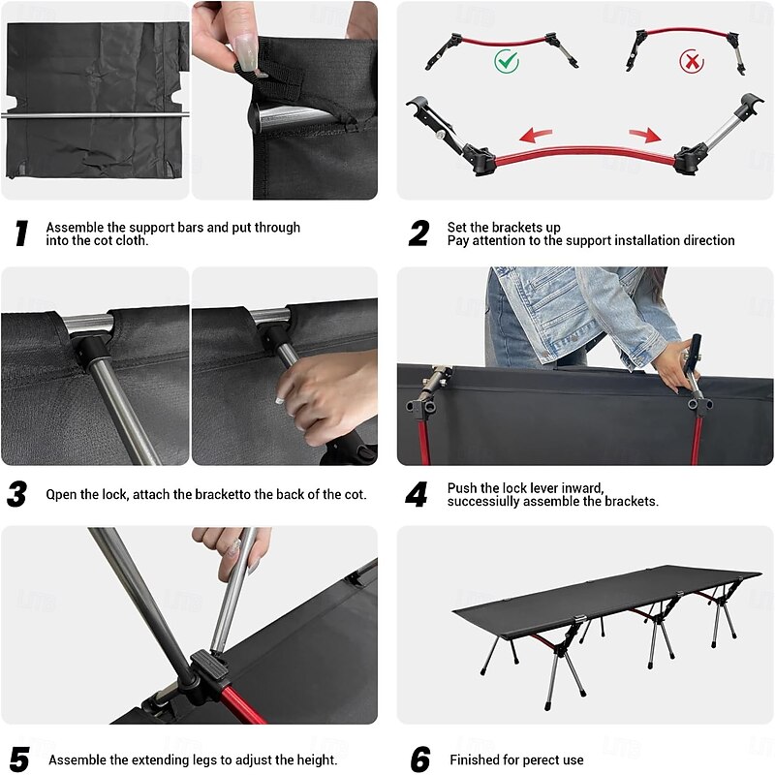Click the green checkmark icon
[507, 61]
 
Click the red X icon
[692, 62]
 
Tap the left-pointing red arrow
[536, 135]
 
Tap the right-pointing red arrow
[645, 135]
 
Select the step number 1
[21, 233]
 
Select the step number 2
[418, 233]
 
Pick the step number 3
[16, 494]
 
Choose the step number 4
[417, 494]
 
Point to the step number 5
[19, 759]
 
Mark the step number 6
[420, 759]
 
